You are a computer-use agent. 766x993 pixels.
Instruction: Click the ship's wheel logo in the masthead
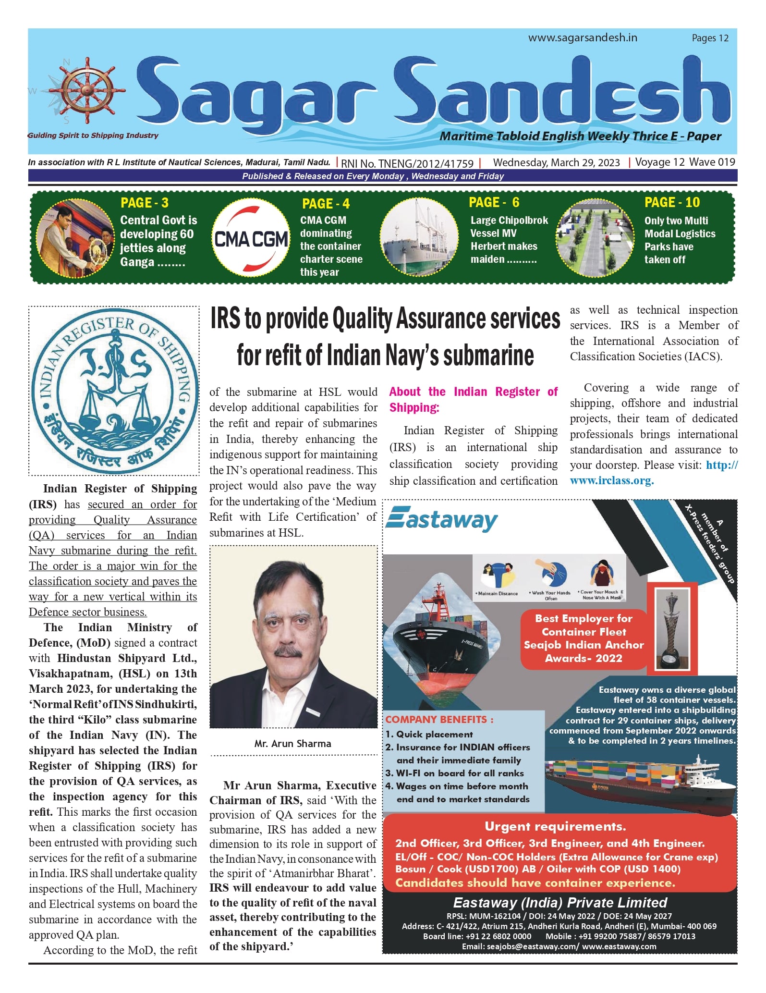pos(87,90)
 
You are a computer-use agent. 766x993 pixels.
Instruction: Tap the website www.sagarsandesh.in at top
pos(583,38)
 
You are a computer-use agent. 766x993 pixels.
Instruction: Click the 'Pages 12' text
pos(710,38)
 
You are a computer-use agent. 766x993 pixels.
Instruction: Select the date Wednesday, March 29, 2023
pos(556,163)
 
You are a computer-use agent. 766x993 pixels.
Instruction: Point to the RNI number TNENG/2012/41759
pos(407,164)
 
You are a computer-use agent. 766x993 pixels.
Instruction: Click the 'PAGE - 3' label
pos(144,203)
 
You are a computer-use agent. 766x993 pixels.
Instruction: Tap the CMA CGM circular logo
pos(251,239)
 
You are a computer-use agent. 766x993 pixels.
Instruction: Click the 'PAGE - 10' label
pos(672,202)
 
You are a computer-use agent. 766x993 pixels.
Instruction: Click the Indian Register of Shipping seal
pos(114,390)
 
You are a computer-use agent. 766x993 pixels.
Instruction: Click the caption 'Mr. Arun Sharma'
pos(292,744)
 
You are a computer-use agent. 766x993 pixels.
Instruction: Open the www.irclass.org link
pos(612,481)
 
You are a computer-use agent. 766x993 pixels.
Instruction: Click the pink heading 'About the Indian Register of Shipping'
pos(473,399)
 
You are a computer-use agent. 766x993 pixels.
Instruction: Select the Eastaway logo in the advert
pos(442,520)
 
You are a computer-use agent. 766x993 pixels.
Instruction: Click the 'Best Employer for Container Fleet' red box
pos(584,638)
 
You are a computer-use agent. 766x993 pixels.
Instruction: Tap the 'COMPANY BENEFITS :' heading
pos(439,720)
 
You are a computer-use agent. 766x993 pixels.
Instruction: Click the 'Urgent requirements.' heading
pos(555,827)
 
